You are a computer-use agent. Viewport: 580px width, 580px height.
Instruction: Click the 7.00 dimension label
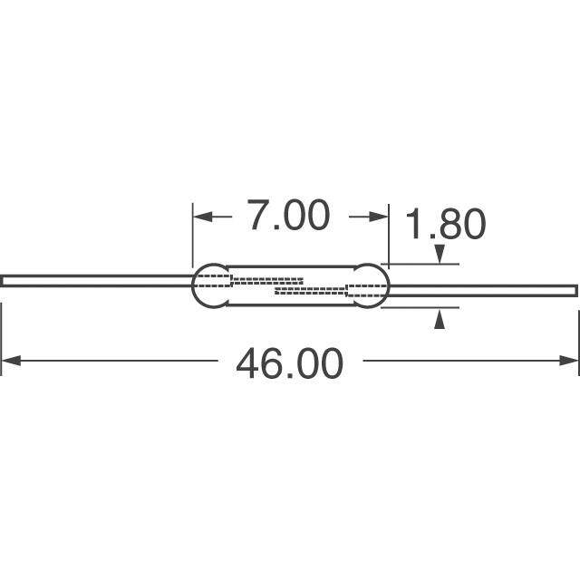[x=288, y=216]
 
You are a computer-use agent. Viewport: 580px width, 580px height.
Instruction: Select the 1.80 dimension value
[x=445, y=224]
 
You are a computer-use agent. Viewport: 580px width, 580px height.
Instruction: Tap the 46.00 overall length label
[x=290, y=362]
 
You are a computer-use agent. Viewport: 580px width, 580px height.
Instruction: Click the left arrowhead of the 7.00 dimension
[x=203, y=217]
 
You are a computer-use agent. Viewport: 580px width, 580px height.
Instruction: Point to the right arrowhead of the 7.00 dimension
[x=379, y=217]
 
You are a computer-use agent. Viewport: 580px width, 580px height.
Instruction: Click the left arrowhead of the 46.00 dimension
[x=11, y=361]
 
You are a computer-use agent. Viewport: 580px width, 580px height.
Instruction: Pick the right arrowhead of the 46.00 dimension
[x=569, y=361]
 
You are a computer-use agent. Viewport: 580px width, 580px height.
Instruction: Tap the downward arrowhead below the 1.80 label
[x=439, y=254]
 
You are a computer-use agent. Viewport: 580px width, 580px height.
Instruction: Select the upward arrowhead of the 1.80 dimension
[x=439, y=320]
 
